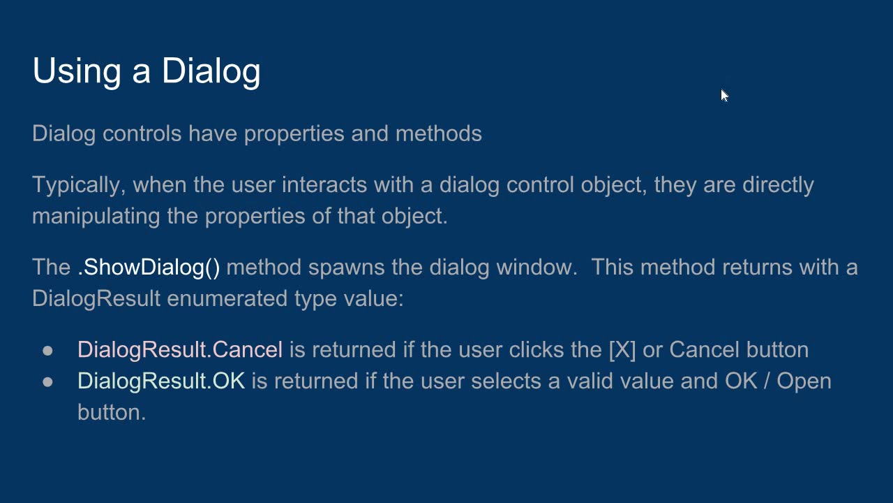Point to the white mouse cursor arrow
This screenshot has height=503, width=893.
pos(724,95)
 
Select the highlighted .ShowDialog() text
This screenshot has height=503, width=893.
pos(149,267)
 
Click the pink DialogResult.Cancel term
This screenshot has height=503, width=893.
pos(180,349)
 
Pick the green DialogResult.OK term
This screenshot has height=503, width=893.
pos(161,381)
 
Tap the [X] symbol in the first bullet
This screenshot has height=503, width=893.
pos(622,349)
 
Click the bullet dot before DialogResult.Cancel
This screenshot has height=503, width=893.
pos(47,350)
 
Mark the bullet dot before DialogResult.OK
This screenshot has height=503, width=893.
pos(47,381)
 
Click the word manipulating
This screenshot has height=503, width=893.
pos(96,216)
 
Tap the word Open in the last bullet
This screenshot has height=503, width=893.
pos(804,381)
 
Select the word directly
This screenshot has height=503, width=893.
pos(778,185)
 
